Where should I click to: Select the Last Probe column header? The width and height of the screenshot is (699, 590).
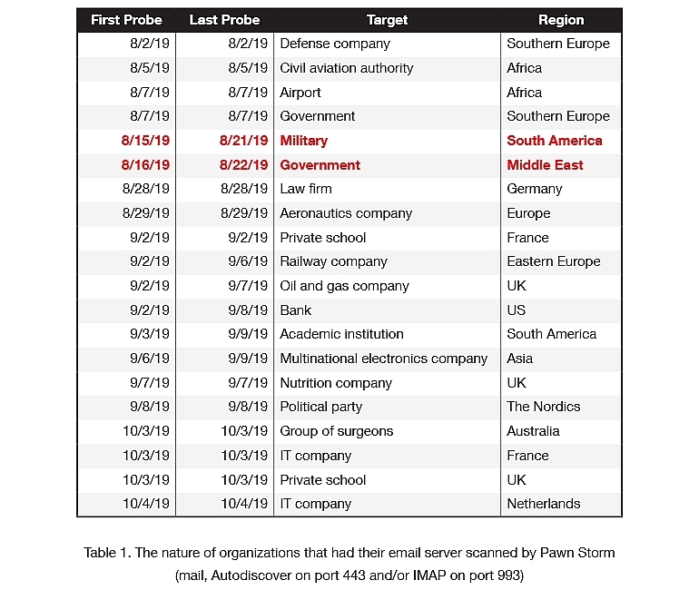(x=224, y=20)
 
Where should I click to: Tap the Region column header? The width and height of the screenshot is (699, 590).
(x=561, y=20)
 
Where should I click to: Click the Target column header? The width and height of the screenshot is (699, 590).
(x=387, y=20)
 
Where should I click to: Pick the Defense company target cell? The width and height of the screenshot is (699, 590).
(x=335, y=44)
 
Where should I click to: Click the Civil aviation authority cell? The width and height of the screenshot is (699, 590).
(x=346, y=68)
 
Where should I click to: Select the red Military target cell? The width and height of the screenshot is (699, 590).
(x=304, y=141)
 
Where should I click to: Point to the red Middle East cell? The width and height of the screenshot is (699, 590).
(x=545, y=165)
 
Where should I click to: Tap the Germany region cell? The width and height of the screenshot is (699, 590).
(x=535, y=189)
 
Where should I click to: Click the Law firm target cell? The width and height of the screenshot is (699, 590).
(x=306, y=189)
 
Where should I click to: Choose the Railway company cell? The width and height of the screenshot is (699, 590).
(x=333, y=261)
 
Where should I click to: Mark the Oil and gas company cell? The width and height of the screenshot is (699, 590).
(x=344, y=286)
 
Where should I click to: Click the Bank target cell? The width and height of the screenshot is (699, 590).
(x=295, y=310)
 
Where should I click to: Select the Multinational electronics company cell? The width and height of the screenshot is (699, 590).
(x=383, y=359)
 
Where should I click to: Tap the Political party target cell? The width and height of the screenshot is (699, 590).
(x=320, y=407)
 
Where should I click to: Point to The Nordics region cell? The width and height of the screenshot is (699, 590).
(x=543, y=407)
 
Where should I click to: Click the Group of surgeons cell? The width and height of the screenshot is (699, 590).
(x=336, y=431)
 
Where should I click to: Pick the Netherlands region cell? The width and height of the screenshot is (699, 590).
(x=544, y=504)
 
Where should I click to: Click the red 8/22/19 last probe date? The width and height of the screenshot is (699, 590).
(x=243, y=165)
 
